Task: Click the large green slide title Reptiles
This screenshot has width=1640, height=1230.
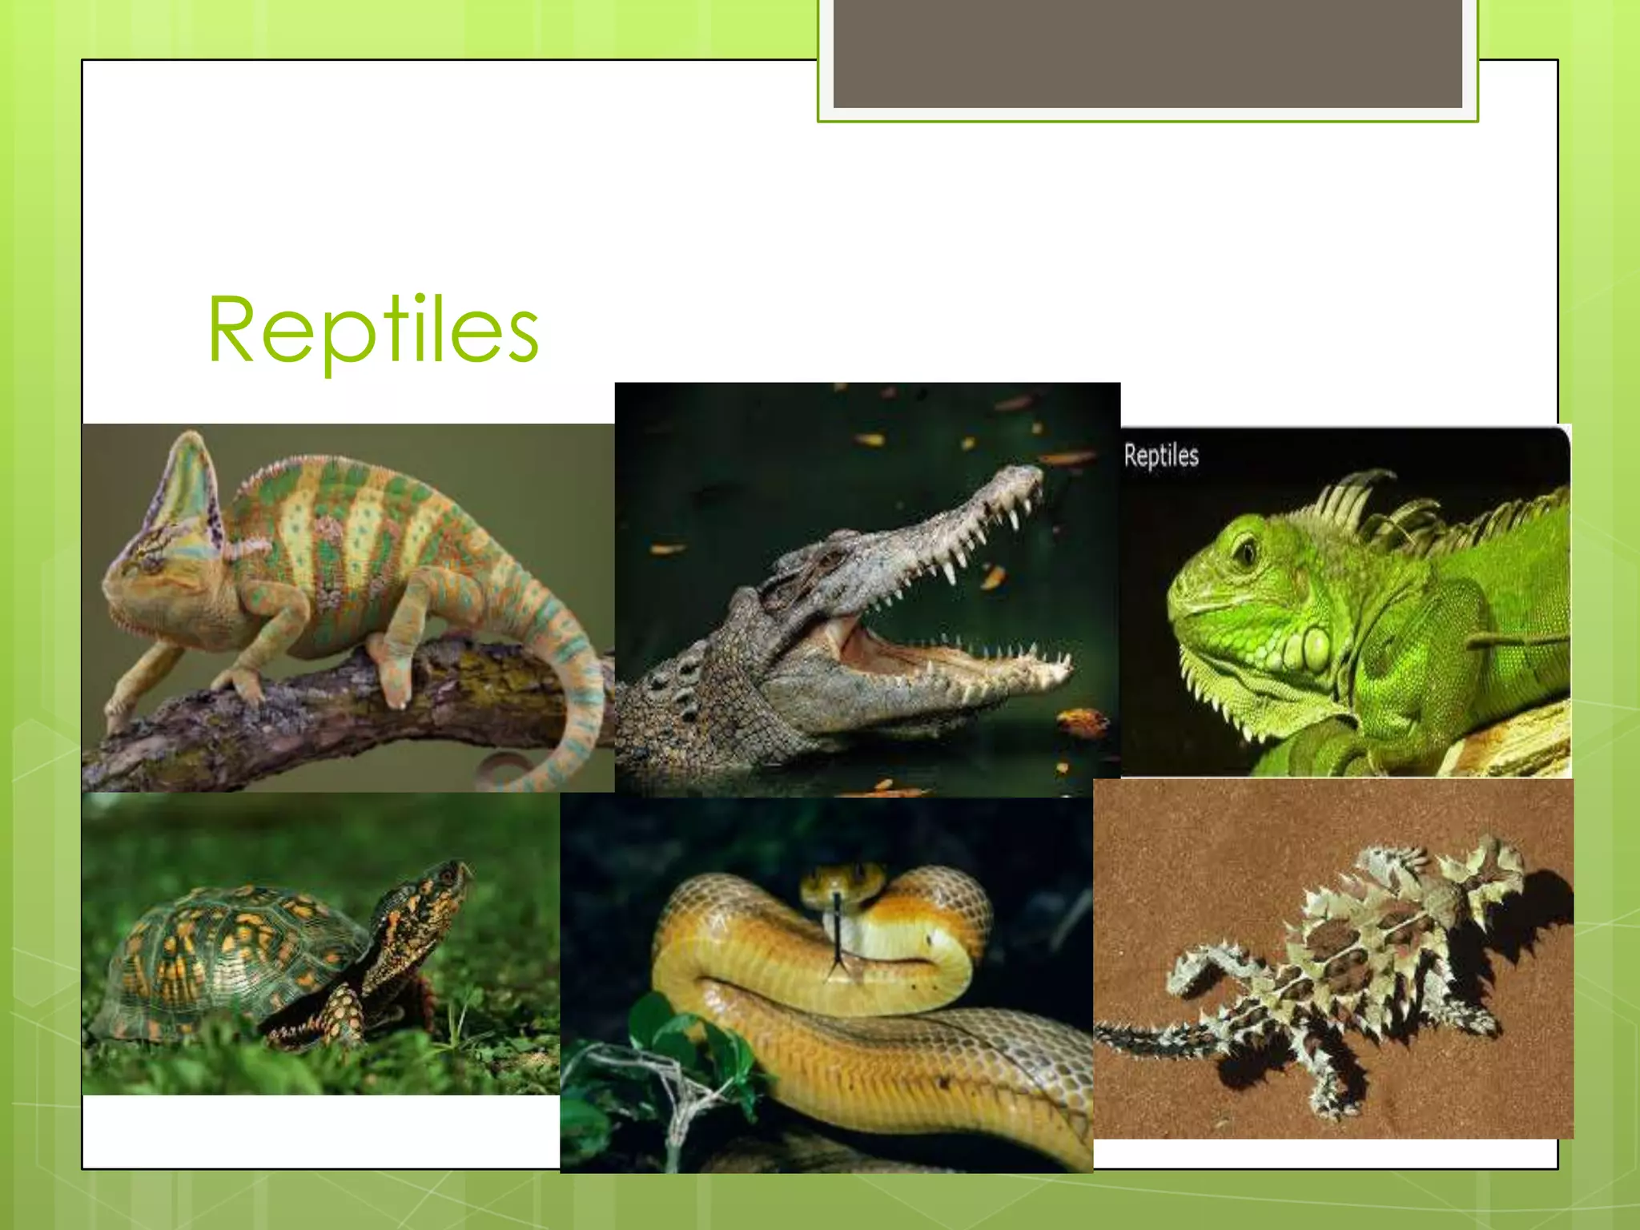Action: (x=373, y=330)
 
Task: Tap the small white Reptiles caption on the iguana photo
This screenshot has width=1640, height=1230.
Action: (x=1161, y=456)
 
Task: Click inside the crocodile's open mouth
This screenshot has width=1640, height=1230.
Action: (x=897, y=637)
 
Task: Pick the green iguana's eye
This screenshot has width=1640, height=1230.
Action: (x=1245, y=551)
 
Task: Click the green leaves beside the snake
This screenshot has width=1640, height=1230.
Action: (x=681, y=1041)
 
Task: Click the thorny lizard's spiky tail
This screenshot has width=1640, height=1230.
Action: (x=1153, y=1037)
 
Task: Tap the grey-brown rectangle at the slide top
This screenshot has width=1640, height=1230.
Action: (x=1148, y=53)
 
